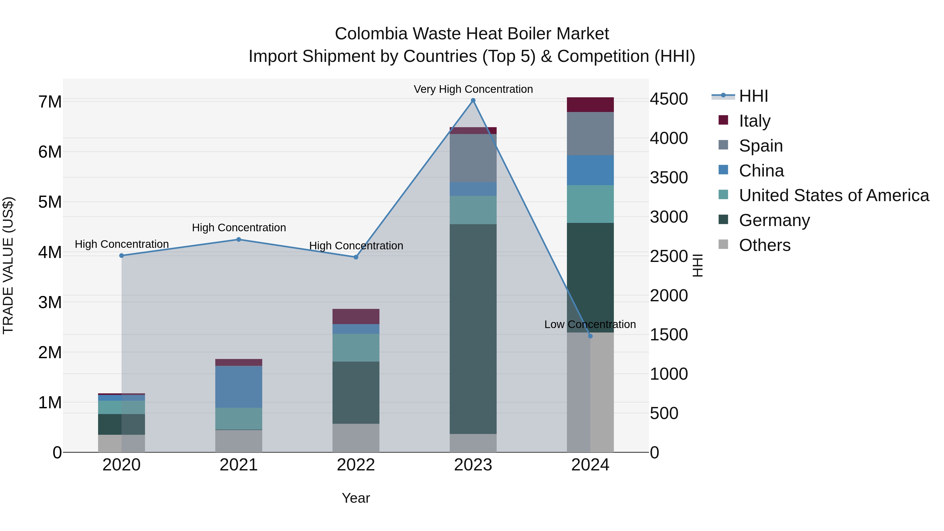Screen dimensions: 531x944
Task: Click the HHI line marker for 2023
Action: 473,100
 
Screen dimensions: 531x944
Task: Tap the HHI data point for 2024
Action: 590,336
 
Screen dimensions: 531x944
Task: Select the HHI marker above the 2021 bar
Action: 239,239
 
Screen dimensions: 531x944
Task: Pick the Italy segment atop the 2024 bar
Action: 590,104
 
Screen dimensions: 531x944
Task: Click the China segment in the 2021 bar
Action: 239,386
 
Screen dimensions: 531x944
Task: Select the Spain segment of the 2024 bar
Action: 590,133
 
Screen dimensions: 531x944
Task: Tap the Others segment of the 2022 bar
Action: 356,438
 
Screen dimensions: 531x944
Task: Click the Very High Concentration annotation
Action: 473,89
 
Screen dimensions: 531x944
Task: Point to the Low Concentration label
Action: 590,324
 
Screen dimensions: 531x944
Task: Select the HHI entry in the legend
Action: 753,96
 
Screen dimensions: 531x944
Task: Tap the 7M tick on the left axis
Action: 50,101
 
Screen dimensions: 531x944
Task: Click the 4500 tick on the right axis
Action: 668,99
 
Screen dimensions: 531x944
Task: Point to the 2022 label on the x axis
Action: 356,465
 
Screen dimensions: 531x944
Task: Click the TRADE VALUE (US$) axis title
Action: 8,265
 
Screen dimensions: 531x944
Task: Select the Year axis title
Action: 356,498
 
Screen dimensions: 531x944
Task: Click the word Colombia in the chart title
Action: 371,34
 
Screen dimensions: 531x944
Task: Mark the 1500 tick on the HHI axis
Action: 668,335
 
